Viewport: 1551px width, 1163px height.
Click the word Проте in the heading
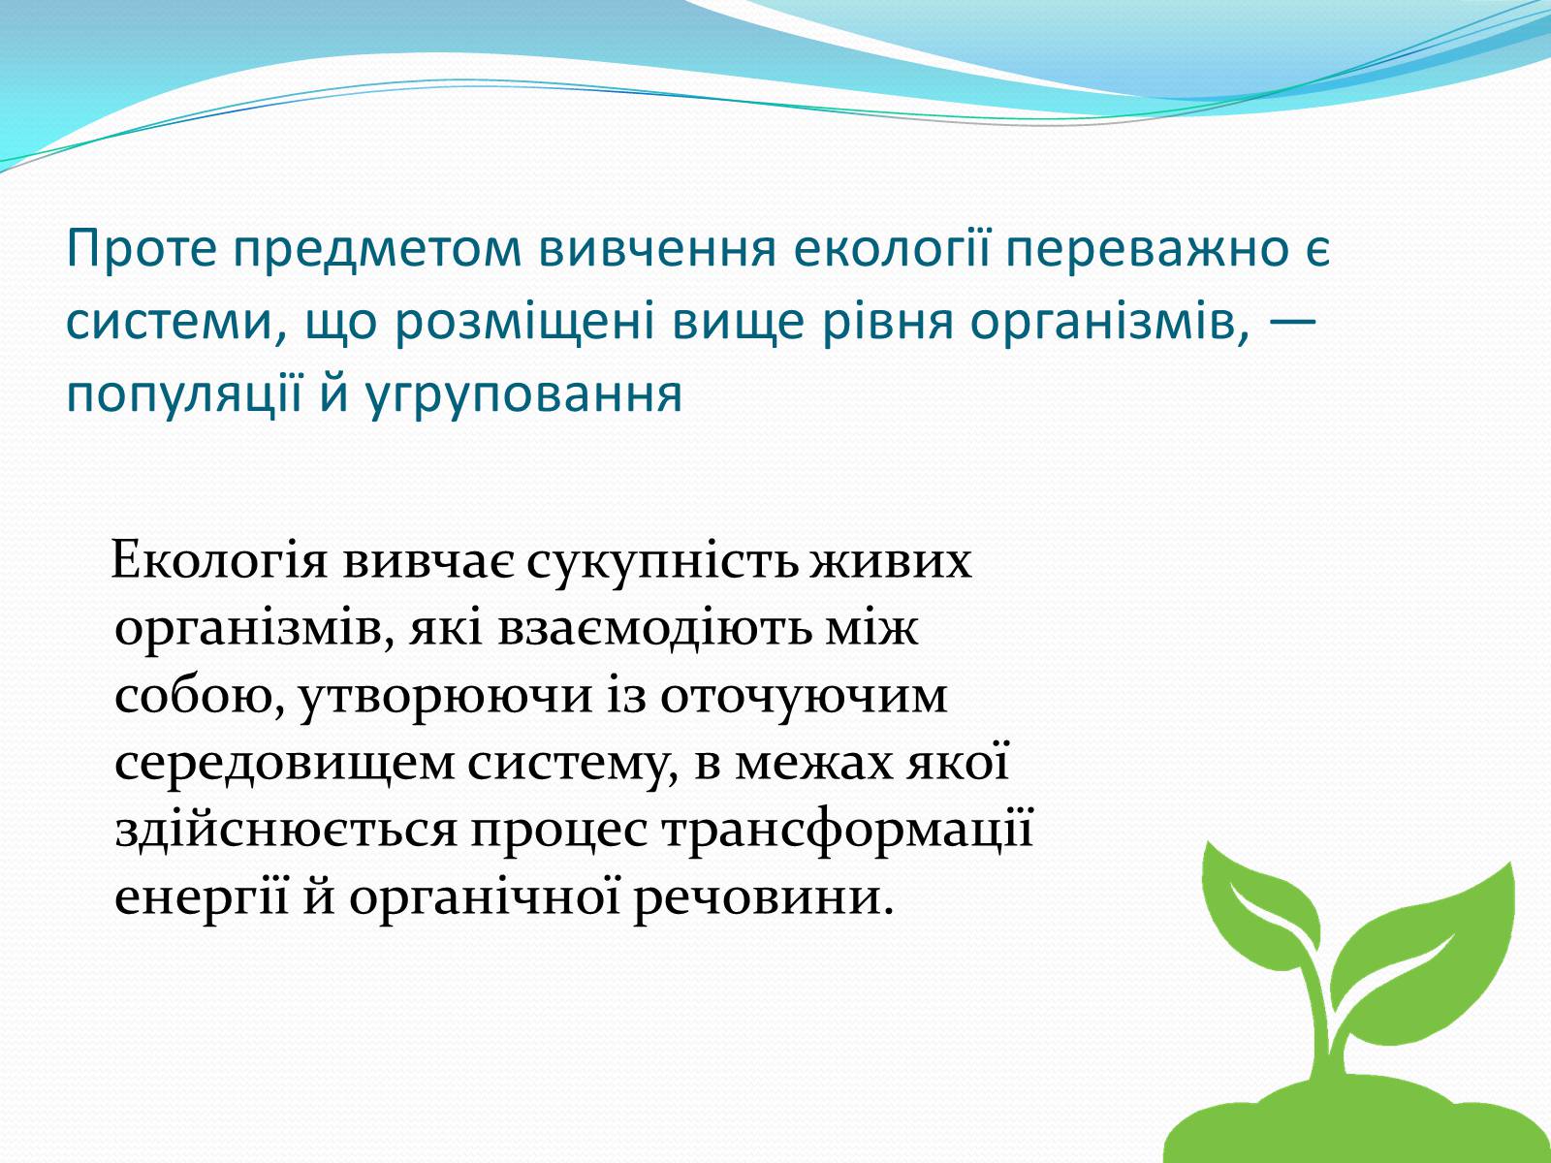[x=142, y=248]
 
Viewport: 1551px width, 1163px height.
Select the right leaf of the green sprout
[x=1441, y=939]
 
